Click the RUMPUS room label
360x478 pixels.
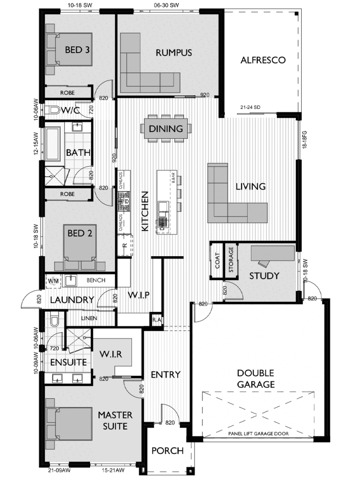click(x=173, y=53)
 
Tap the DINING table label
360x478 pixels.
click(x=166, y=128)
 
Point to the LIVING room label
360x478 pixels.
click(x=250, y=187)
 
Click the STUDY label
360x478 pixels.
click(x=264, y=275)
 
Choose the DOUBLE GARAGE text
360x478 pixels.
click(x=256, y=379)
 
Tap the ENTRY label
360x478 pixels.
click(x=166, y=374)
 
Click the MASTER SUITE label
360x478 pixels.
click(x=115, y=420)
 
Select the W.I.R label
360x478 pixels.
click(x=111, y=354)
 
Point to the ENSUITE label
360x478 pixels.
click(x=68, y=362)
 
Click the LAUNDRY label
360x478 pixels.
click(x=72, y=300)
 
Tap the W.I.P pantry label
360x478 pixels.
click(x=138, y=295)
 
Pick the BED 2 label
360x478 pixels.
click(x=80, y=233)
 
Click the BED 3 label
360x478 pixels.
click(x=77, y=50)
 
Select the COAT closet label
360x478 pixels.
click(x=217, y=261)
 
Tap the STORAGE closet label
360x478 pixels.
click(x=231, y=260)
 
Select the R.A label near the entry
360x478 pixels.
click(x=156, y=320)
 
